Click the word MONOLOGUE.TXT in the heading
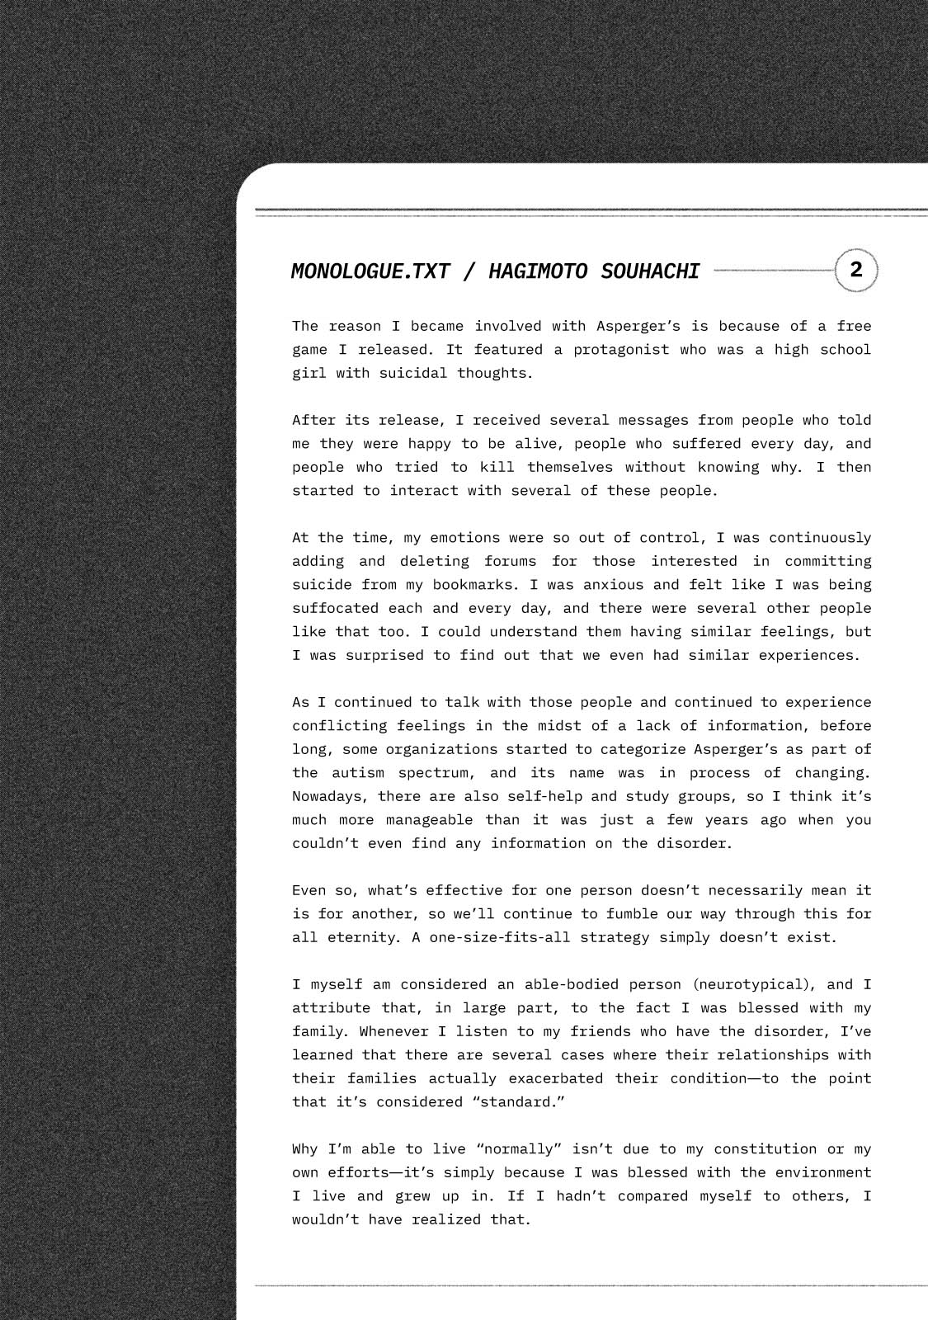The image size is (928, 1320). pyautogui.click(x=370, y=271)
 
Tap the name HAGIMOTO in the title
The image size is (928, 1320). pyautogui.click(x=536, y=271)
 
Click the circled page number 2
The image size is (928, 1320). pyautogui.click(x=856, y=270)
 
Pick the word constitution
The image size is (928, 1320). pyautogui.click(x=765, y=1149)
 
